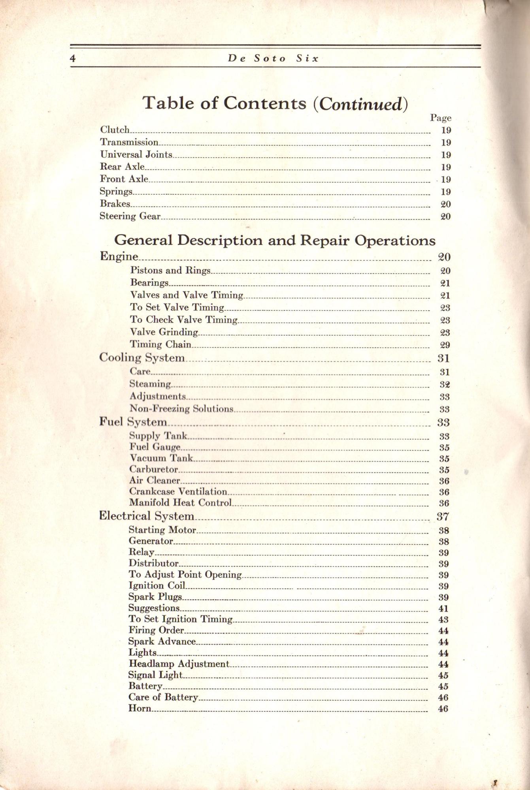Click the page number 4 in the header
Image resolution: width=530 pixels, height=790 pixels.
click(x=72, y=59)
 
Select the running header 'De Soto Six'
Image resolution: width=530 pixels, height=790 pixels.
click(x=273, y=59)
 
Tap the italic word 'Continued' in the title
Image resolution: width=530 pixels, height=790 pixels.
click(x=360, y=104)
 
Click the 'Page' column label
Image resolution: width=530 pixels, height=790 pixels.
click(x=440, y=118)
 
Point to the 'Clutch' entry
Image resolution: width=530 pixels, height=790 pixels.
click(x=115, y=130)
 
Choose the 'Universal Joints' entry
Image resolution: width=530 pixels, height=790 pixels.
click(x=136, y=154)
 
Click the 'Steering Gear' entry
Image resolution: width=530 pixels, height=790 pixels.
click(x=130, y=216)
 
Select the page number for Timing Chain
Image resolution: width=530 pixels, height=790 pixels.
click(x=445, y=345)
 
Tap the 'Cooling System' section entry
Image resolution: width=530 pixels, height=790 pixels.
click(x=141, y=358)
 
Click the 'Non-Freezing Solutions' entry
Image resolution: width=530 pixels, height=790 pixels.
click(x=181, y=409)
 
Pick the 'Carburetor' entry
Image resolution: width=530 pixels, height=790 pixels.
click(x=154, y=470)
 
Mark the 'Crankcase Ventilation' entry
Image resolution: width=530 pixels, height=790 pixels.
click(x=178, y=492)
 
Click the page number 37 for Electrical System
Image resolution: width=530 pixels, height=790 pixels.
click(x=443, y=516)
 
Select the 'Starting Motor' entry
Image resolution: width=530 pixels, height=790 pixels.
click(x=162, y=530)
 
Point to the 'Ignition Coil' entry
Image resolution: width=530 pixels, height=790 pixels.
click(x=157, y=586)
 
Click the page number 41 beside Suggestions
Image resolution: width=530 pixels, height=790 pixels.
click(x=443, y=609)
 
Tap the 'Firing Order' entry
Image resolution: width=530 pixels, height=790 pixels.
click(x=156, y=630)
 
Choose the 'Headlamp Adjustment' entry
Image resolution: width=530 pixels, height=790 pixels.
click(x=179, y=664)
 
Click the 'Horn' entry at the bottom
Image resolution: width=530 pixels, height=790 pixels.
click(x=140, y=708)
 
